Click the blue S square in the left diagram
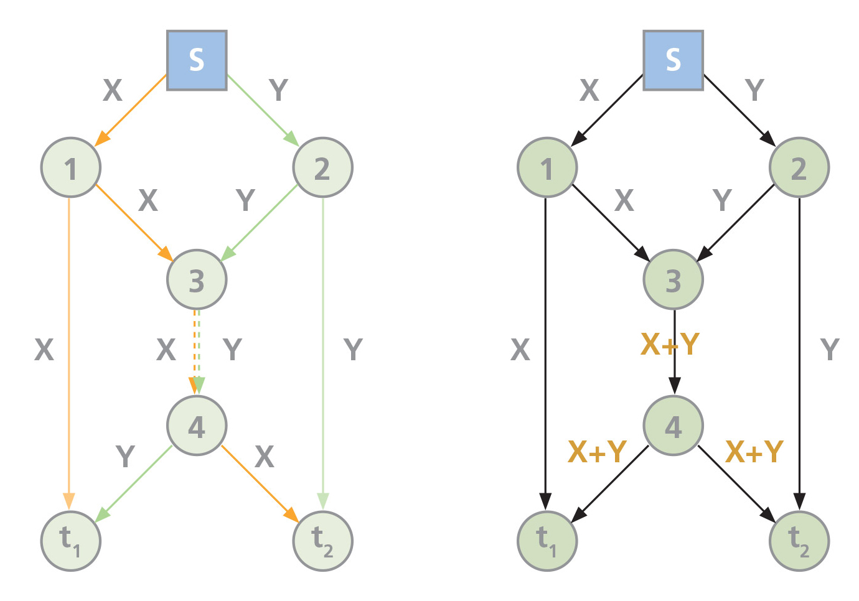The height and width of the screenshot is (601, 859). (197, 60)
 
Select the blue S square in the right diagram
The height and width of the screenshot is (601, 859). (673, 60)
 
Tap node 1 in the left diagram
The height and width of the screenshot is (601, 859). (71, 168)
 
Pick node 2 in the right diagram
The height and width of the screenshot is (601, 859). (799, 168)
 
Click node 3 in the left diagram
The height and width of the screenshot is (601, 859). (197, 280)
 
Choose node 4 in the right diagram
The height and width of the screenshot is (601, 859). (673, 426)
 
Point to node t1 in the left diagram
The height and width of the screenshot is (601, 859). (71, 541)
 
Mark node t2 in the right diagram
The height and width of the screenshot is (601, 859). (799, 541)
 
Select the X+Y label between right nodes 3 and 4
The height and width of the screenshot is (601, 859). (670, 344)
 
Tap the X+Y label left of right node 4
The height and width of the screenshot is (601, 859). (597, 452)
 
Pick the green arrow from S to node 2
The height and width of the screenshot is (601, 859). (260, 108)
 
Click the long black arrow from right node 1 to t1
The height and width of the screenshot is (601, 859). (546, 348)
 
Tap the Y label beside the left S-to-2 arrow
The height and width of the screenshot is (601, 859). (279, 90)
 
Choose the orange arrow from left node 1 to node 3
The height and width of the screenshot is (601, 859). (133, 222)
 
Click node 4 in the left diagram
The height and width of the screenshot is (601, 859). (197, 426)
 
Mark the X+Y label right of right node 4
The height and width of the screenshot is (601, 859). (754, 452)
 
